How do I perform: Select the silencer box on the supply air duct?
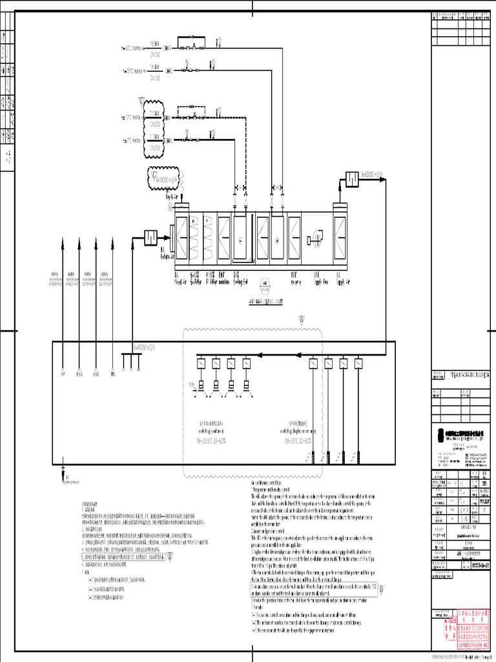pyautogui.click(x=352, y=178)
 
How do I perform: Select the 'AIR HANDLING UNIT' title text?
pyautogui.click(x=265, y=301)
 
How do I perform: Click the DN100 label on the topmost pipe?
pyautogui.click(x=156, y=54)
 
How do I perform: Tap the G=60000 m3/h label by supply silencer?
pyautogui.click(x=373, y=173)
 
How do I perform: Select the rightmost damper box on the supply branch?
pyautogui.click(x=358, y=364)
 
